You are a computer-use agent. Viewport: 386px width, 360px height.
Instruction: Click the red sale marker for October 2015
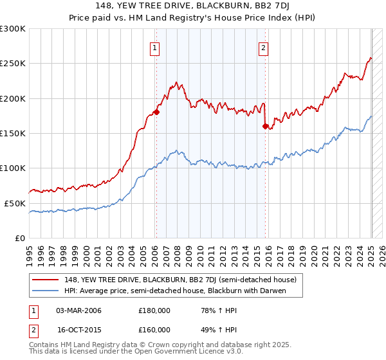click(265, 126)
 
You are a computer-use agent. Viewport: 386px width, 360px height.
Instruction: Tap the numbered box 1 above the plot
click(156, 46)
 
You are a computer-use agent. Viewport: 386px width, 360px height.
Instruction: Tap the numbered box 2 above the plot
click(264, 46)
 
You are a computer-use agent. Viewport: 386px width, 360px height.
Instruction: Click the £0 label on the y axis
click(20, 238)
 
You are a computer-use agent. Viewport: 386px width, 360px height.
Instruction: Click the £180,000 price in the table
click(154, 311)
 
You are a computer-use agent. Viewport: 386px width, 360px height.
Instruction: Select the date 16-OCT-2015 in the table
click(78, 329)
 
